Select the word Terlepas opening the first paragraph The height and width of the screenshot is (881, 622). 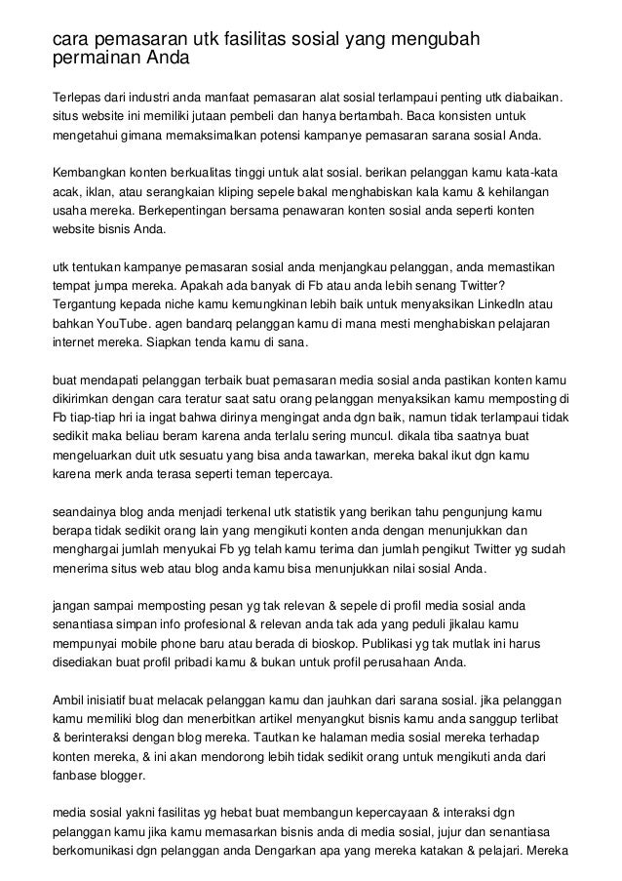(x=76, y=99)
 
